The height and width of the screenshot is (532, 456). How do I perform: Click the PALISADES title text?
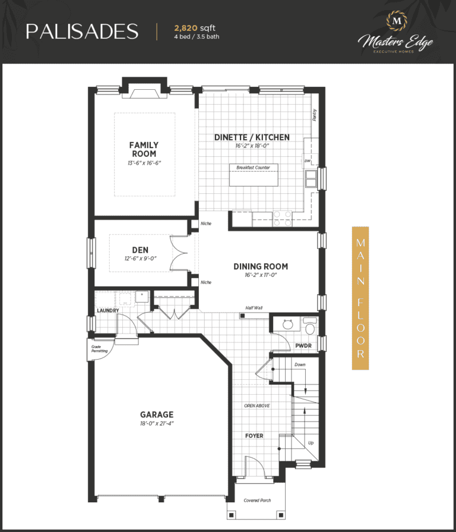[82, 32]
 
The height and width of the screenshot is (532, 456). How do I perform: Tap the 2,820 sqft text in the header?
[195, 28]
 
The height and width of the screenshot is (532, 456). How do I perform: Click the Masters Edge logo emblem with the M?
[397, 21]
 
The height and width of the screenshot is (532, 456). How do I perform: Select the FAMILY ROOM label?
[144, 149]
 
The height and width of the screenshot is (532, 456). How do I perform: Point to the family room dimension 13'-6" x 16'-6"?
[144, 163]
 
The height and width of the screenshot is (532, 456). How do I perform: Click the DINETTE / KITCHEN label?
[252, 137]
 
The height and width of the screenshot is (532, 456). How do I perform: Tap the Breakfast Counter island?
[254, 175]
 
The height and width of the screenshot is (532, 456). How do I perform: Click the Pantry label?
[315, 115]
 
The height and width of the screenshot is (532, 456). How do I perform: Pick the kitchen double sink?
[311, 178]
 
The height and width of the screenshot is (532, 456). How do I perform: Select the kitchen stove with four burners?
[283, 219]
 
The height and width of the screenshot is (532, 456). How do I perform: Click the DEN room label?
[140, 250]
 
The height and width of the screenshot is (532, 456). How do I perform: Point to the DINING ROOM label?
[261, 267]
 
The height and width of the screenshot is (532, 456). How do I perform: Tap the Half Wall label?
[254, 308]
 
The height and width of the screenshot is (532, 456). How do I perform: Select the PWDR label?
[303, 346]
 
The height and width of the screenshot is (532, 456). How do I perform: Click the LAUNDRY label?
[108, 310]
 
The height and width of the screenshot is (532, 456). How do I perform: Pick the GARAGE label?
[157, 415]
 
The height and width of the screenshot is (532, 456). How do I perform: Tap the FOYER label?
[254, 436]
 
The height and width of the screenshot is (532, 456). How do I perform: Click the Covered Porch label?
[257, 500]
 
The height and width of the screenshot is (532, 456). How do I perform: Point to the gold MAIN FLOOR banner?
[360, 298]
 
